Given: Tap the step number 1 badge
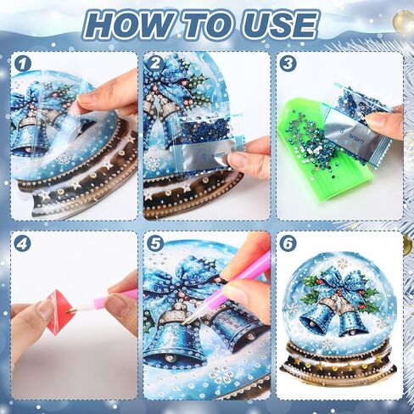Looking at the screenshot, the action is point(23,64).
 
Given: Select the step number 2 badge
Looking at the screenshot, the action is point(155,64).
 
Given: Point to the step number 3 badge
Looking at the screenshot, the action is point(288,64).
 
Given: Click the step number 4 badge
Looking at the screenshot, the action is point(23,243).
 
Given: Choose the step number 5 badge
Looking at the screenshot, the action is point(155,243).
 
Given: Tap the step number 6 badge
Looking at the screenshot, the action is point(288,243).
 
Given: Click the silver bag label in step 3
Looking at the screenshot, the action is point(349,126).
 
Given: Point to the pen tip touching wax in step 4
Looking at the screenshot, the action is point(70,311).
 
